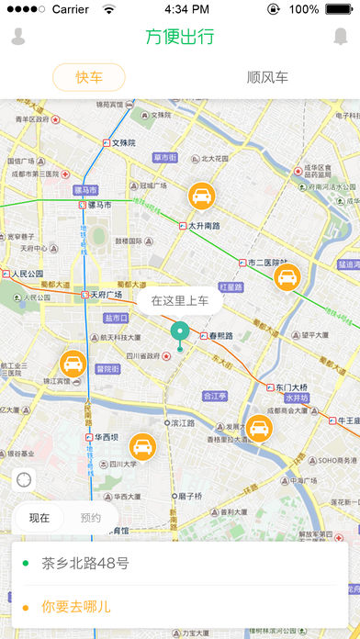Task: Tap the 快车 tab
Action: pos(88,77)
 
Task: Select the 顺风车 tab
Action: pos(267,77)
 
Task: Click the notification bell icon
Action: pos(341,37)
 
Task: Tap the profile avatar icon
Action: pos(18,37)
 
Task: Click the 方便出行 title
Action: pos(180,37)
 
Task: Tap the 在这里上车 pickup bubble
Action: pos(180,300)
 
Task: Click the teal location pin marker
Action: pos(180,332)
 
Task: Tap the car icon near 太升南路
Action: pos(202,196)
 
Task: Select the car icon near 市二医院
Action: pos(287,277)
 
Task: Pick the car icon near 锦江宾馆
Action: pos(73,362)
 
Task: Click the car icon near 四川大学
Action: pos(142,446)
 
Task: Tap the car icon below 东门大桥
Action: pos(260,428)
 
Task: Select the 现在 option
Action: pos(39,518)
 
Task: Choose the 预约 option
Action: pos(91,518)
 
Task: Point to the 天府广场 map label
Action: pos(107,295)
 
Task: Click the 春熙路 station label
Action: pos(220,336)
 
